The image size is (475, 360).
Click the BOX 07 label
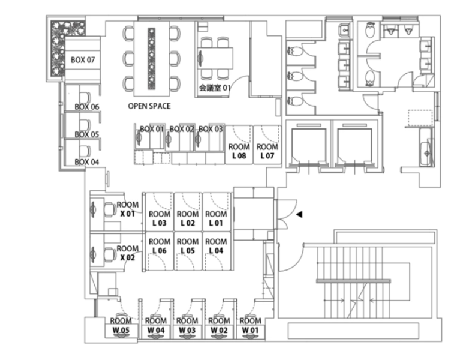[x=83, y=59]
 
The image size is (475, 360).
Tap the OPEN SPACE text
[x=149, y=106]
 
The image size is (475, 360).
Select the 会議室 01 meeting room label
[x=215, y=88]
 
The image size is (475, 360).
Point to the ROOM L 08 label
[x=239, y=151]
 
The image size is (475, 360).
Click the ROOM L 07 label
[x=267, y=151]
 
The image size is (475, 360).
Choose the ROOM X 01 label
[x=128, y=209]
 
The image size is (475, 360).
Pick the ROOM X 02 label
[x=128, y=253]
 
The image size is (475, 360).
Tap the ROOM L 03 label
[x=160, y=218]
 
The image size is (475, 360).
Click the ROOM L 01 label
[x=216, y=218]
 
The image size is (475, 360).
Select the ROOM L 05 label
[x=188, y=246]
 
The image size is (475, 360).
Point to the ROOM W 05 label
[x=121, y=325]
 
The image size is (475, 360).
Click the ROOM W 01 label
[x=250, y=325]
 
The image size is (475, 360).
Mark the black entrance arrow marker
[x=299, y=214]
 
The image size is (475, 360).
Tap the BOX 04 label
[x=86, y=162]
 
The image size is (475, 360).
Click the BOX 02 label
[x=181, y=129]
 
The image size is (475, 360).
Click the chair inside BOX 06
[x=85, y=97]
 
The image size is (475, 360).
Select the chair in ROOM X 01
[x=109, y=209]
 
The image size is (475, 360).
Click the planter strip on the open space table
[x=152, y=58]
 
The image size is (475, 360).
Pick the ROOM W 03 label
[x=187, y=325]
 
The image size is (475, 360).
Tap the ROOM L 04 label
[x=216, y=246]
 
